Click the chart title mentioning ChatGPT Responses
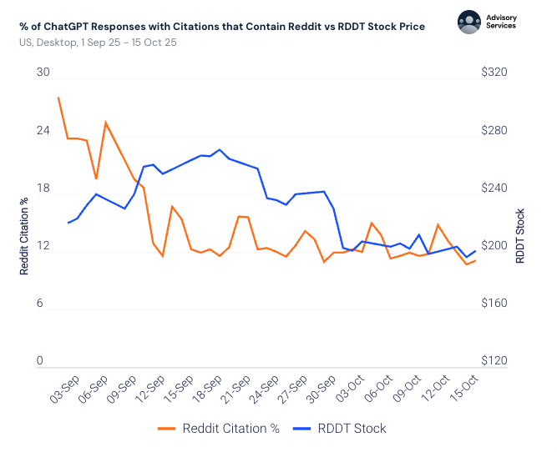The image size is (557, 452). pyautogui.click(x=221, y=27)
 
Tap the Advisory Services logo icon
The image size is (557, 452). pyautogui.click(x=470, y=22)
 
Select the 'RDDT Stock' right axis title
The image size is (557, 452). pyautogui.click(x=519, y=236)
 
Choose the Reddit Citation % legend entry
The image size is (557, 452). pyautogui.click(x=219, y=429)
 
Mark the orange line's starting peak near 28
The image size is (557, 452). pyautogui.click(x=58, y=98)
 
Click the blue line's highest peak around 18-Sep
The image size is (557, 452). pyautogui.click(x=220, y=150)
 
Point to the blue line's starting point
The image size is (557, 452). pyautogui.click(x=68, y=223)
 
